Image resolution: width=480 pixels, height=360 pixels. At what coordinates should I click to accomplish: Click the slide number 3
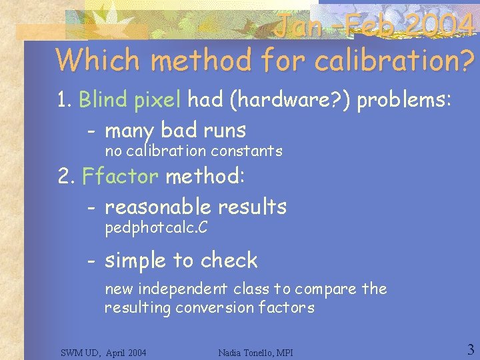coord(470,349)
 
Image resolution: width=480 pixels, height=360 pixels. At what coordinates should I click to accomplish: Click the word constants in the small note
coord(252,151)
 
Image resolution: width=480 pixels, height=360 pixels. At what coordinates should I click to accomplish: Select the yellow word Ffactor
coord(120,177)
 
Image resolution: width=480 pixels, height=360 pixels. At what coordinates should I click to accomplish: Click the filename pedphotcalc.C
coord(156,229)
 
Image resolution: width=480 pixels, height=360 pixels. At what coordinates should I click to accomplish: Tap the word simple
coord(136,260)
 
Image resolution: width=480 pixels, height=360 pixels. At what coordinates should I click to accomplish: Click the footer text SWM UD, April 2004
coord(103,352)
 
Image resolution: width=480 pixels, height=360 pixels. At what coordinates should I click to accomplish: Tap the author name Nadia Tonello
coord(243,352)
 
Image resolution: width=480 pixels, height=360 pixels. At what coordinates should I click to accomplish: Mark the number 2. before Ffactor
coord(65,177)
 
